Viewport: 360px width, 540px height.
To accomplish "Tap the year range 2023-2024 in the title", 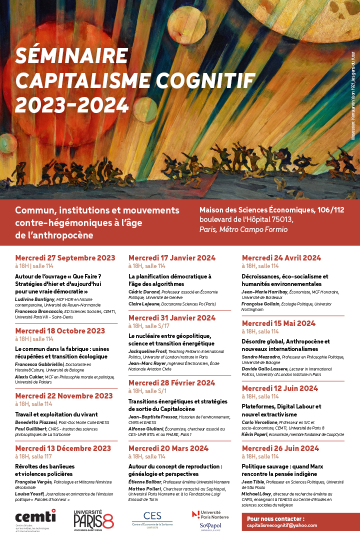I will pos(72,104).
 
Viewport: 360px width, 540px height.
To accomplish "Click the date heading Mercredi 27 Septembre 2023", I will pos(65,258).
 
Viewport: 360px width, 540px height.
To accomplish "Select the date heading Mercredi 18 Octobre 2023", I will pos(60,331).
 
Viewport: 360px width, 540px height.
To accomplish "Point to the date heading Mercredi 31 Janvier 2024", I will pos(172,318).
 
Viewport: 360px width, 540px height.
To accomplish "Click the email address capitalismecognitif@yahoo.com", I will pos(282,525).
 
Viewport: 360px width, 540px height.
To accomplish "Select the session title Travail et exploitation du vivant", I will pos(56,414).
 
